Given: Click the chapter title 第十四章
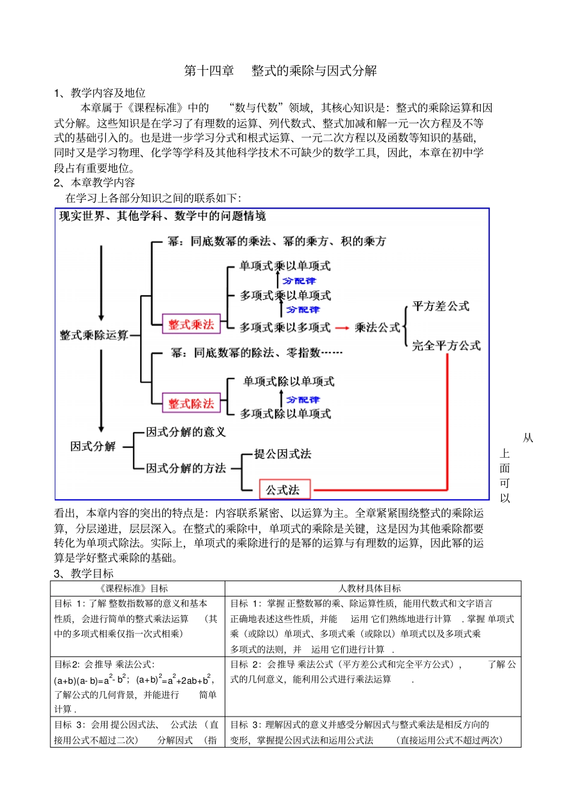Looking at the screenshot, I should pos(209,71).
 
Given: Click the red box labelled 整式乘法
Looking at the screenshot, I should pos(191,325).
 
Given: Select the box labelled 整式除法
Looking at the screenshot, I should pos(191,404).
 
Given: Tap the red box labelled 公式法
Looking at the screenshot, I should pos(284,490).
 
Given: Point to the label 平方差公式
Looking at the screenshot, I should pos(441,306).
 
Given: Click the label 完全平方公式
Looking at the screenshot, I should pos(446,345).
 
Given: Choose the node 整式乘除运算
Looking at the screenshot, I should pos(94,335).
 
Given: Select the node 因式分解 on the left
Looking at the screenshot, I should pos(93,446).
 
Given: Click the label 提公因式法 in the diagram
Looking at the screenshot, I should pos(282,454).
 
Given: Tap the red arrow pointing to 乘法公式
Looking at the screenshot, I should pos(342,328).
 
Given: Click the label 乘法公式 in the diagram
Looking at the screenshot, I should pos(377,327).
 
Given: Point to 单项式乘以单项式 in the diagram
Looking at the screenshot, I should pos(285,266).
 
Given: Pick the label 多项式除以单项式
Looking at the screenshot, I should pos(285,414).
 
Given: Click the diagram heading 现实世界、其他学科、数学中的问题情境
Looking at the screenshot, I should pos(162,216).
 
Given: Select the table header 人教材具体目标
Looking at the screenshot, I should pos(370,588).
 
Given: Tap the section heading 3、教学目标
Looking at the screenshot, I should pos(84,573).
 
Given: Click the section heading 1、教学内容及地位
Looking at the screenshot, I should pos(100,93).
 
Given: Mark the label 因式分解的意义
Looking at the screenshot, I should pos(186,432).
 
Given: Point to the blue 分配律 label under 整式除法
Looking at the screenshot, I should pos(302,399).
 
